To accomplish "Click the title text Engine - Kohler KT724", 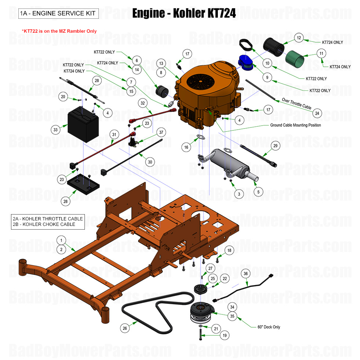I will tap(184, 14).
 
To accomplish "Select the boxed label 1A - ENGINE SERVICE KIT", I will tap(58, 14).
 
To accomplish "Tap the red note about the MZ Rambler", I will tap(59, 31).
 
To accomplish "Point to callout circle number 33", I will tap(55, 129).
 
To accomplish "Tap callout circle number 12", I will tap(299, 37).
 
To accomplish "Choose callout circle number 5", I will tap(258, 191).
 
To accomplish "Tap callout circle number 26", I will tap(125, 328).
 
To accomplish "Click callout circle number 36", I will tap(246, 273).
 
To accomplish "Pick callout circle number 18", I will tap(230, 251).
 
